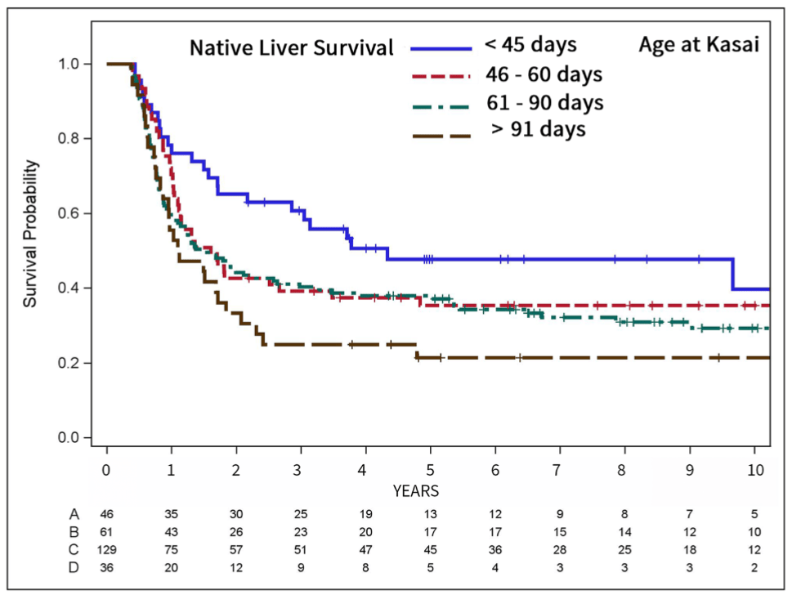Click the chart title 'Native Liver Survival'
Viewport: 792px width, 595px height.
[x=292, y=48]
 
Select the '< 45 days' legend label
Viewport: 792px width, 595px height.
[x=530, y=44]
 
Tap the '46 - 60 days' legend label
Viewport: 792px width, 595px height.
[x=544, y=74]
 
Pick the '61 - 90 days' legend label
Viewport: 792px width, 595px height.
[x=545, y=102]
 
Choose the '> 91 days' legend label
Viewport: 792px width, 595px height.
[x=539, y=129]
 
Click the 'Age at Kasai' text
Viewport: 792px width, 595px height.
[x=699, y=44]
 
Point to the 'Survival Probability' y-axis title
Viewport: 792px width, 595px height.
[x=30, y=234]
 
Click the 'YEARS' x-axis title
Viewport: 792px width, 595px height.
[x=416, y=491]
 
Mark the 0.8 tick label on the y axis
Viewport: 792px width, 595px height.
[x=69, y=138]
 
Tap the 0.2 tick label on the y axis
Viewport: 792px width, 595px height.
[x=69, y=363]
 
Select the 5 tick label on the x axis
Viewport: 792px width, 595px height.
[x=431, y=470]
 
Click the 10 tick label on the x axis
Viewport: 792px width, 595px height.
[x=755, y=470]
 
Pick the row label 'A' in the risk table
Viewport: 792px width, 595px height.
[x=74, y=514]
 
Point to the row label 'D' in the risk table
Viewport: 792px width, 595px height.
[x=74, y=568]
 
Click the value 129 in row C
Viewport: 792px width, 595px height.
[x=106, y=549]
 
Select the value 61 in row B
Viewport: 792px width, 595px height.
[x=106, y=532]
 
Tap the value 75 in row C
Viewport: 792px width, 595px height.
[x=171, y=549]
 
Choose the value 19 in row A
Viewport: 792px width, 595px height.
[x=365, y=514]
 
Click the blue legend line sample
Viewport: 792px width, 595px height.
[x=441, y=48]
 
